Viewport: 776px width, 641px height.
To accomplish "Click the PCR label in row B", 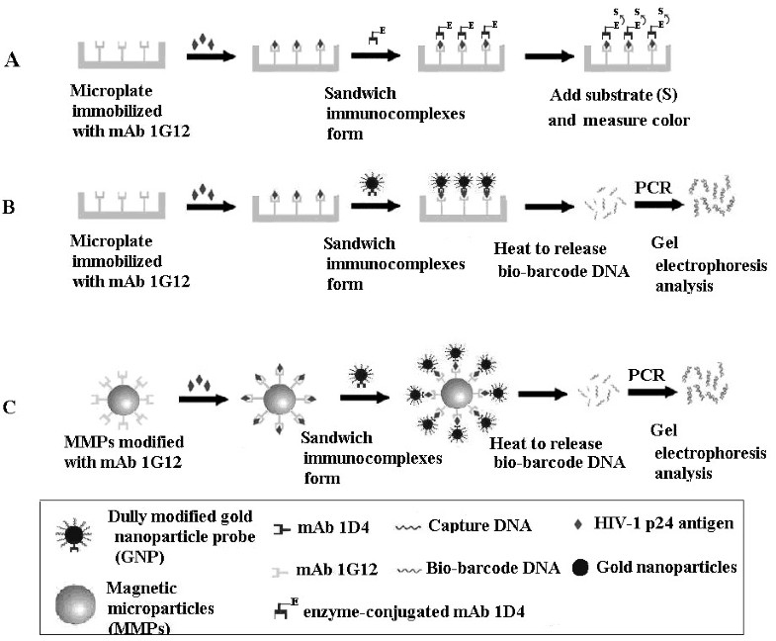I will [655, 187].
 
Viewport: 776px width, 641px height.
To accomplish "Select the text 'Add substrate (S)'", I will [613, 101].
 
